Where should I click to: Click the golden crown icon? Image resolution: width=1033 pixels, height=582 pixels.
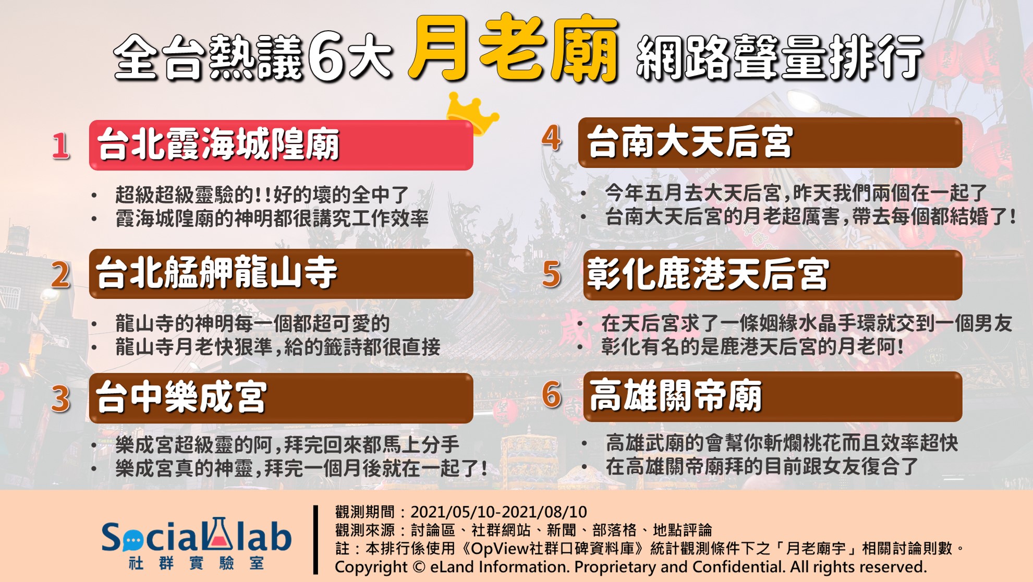(x=472, y=112)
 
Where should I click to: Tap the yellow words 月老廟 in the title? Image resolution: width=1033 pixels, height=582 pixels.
(x=514, y=50)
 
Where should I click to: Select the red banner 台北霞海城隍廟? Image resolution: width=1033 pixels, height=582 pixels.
(x=281, y=145)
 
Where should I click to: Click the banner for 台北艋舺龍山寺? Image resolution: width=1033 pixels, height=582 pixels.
(x=281, y=274)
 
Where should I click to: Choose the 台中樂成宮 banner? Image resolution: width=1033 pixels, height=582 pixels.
(x=281, y=398)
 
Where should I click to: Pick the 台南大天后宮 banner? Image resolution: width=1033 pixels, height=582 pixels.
(x=770, y=142)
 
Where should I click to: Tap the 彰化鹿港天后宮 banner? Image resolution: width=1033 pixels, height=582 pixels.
(x=772, y=275)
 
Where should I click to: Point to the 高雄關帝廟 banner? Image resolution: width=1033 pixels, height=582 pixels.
(x=772, y=396)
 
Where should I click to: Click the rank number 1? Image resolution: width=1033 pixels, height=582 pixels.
(x=61, y=145)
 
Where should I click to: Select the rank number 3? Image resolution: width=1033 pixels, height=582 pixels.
(x=60, y=399)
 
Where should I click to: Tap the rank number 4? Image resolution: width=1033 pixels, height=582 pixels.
(x=552, y=138)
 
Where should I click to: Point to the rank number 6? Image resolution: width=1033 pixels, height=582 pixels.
(x=552, y=394)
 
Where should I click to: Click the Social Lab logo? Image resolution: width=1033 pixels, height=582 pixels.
(x=196, y=543)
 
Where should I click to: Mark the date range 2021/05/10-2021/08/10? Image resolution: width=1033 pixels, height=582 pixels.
(x=499, y=512)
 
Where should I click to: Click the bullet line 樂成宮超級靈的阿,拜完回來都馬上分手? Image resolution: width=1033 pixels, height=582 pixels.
(x=287, y=445)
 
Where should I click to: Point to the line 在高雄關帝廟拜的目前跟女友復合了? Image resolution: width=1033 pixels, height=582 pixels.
(x=762, y=466)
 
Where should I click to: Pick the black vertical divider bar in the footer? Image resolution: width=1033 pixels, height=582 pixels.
(x=315, y=540)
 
